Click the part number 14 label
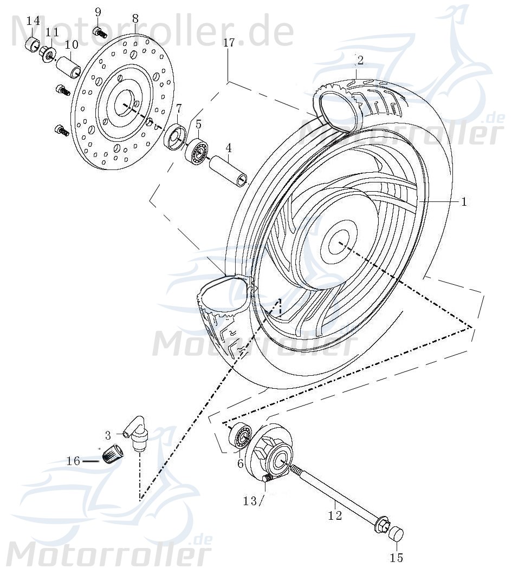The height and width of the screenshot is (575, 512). tap(33, 21)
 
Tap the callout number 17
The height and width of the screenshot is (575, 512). tap(229, 42)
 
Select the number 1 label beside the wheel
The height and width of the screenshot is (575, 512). tap(464, 201)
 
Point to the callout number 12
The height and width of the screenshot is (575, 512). tap(335, 515)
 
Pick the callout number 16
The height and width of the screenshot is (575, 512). tap(73, 461)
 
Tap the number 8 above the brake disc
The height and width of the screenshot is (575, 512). tap(135, 19)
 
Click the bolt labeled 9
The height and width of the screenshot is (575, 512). tap(99, 32)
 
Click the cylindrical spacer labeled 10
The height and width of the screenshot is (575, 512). tap(69, 66)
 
